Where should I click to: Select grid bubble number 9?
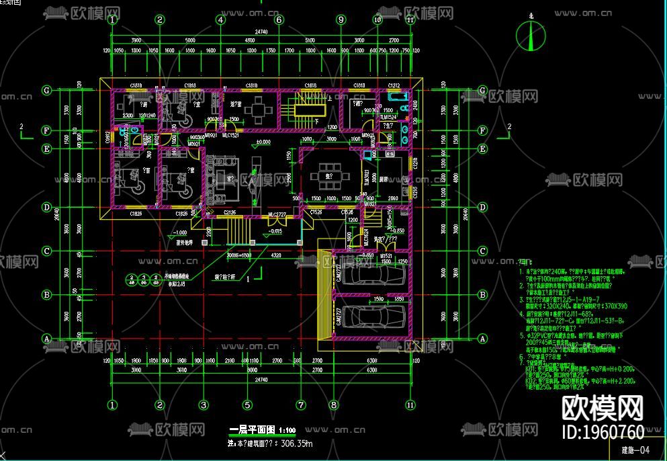341,20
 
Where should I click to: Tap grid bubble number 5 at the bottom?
247,405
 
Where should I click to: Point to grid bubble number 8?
333,405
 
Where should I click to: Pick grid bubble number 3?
202,405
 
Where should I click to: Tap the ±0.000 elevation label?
263,142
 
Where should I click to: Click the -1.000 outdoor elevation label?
179,233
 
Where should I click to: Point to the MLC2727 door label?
277,214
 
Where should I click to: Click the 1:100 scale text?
287,429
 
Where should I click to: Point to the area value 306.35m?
296,444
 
